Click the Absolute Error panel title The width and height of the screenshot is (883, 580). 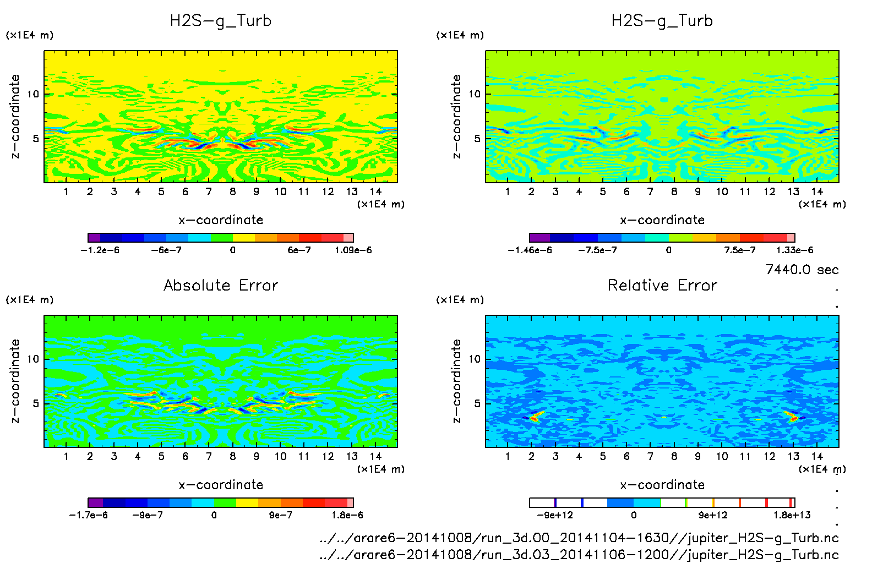[221, 285]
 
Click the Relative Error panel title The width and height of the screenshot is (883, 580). [662, 285]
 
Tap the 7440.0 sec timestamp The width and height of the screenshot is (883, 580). [802, 270]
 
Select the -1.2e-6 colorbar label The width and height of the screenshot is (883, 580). [100, 250]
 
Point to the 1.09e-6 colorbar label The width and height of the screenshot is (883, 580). [353, 250]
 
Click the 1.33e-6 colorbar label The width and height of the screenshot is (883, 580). [794, 250]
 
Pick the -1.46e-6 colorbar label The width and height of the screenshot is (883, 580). [530, 250]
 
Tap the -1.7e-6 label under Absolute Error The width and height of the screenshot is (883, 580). [88, 516]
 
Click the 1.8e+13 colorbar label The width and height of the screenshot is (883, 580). [792, 516]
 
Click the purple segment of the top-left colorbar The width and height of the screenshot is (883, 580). [94, 238]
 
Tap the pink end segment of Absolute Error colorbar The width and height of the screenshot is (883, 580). [350, 502]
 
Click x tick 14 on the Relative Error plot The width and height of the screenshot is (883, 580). [817, 456]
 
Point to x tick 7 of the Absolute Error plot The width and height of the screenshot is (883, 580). [209, 456]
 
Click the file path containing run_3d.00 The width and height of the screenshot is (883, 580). [579, 538]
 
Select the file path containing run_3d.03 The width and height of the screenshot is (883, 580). [579, 555]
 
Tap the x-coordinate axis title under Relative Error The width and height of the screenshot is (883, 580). [662, 485]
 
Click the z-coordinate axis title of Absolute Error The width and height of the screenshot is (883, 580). [15, 381]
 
